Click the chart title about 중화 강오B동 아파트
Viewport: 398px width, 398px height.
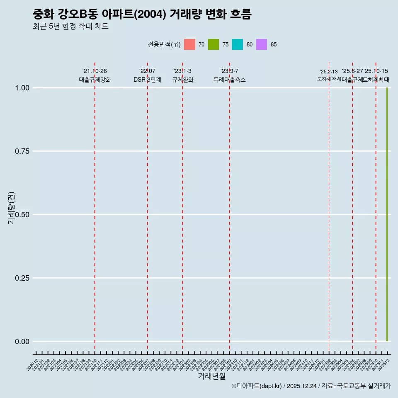(x=142, y=14)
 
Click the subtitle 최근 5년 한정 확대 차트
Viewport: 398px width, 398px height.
(x=70, y=27)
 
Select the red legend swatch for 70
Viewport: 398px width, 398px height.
(x=189, y=44)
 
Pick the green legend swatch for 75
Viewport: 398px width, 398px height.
(x=214, y=44)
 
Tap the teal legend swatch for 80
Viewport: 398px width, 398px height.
(x=238, y=44)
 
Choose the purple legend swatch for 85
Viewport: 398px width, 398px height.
(x=262, y=44)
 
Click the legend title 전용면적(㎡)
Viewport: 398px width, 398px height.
(x=164, y=44)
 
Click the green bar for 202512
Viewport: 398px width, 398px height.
(x=387, y=214)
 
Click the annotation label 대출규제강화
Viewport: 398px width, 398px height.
(x=95, y=80)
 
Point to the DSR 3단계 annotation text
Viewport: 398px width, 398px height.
(x=147, y=80)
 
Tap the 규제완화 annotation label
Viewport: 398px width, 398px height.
(x=183, y=80)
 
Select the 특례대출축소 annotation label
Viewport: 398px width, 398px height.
(x=230, y=80)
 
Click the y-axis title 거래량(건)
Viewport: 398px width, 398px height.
(x=12, y=207)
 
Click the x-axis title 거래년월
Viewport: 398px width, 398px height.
(x=211, y=376)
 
